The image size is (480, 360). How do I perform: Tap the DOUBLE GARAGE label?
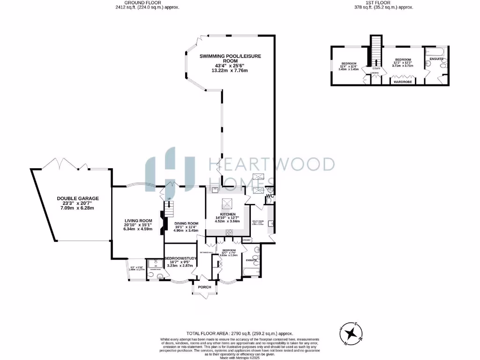tap(73, 198)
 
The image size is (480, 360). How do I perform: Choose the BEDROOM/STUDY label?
tap(180, 258)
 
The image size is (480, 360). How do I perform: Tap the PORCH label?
tap(205, 287)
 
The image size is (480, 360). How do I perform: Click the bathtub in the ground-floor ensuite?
tap(249, 271)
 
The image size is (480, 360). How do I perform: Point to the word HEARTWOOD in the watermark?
tap(271, 164)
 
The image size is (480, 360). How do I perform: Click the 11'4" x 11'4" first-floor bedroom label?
tap(349, 67)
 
